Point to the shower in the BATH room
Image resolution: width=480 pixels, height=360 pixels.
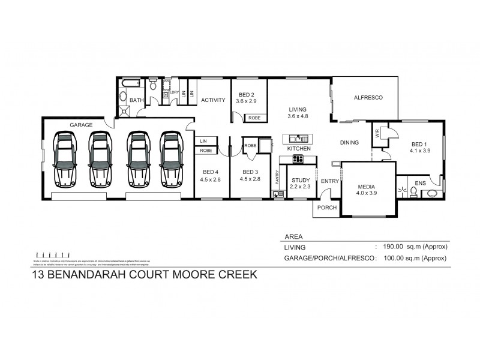(x=125, y=110)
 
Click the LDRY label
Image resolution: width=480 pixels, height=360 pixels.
(x=175, y=92)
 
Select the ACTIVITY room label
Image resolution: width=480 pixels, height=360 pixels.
(x=212, y=100)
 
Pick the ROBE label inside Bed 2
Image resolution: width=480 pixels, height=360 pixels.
(x=254, y=118)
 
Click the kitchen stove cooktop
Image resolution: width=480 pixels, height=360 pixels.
(x=297, y=159)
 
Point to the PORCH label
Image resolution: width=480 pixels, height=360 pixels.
(x=328, y=208)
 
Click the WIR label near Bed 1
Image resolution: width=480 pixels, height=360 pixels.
(x=376, y=133)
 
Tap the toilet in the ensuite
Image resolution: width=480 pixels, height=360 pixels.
(x=413, y=192)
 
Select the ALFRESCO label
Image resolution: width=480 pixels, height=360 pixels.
(x=367, y=97)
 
